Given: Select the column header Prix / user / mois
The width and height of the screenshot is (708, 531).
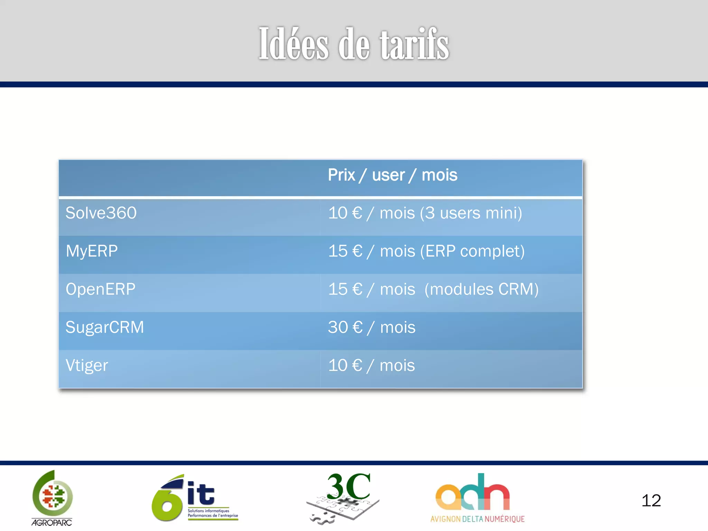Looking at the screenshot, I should point(392,175).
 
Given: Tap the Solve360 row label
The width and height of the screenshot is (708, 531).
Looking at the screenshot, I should point(101,213).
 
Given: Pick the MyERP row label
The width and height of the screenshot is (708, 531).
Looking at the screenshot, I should point(92,251).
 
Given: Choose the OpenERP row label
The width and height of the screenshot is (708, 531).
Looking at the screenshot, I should point(101,289).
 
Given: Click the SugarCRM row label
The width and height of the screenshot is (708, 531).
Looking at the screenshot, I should point(104,327).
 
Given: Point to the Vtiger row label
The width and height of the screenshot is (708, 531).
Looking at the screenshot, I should point(87,365).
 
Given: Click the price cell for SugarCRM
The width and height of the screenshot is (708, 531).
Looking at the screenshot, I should point(372,327).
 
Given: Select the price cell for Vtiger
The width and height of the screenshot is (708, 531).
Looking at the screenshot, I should point(371,365).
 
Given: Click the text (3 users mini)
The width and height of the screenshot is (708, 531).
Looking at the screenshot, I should point(471,213).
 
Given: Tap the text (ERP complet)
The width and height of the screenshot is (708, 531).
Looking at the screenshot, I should point(472,251).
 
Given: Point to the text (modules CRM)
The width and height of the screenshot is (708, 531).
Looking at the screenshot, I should point(481,289).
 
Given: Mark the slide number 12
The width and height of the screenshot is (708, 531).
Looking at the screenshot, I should point(651,501).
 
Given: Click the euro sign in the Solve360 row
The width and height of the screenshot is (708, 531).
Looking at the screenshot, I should point(357,213).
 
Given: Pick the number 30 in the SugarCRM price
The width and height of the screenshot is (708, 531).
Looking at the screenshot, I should point(338,327).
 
